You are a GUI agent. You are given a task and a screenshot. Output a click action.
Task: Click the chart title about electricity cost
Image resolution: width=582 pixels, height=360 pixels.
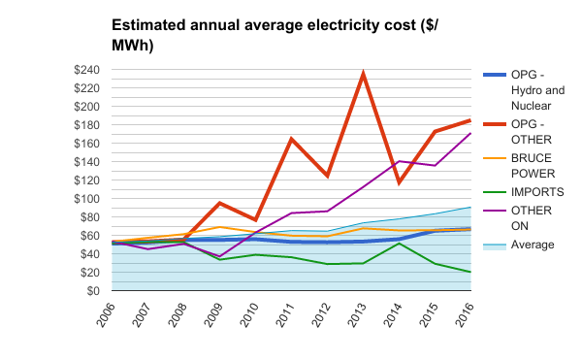tap(275, 35)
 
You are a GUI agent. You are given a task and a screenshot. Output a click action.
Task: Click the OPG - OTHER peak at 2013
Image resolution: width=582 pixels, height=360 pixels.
tap(363, 73)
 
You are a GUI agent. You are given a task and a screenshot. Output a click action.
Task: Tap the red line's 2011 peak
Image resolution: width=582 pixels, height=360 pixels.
tap(291, 139)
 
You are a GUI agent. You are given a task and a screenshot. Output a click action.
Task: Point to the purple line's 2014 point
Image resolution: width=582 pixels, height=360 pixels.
tap(399, 161)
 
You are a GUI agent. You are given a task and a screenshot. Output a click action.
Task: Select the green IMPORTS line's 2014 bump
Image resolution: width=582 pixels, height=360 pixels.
tap(399, 244)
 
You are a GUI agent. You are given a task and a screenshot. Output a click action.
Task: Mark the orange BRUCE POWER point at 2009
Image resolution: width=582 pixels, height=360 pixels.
tap(220, 227)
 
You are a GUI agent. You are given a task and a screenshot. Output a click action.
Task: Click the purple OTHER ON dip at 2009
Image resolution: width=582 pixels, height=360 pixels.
tap(220, 256)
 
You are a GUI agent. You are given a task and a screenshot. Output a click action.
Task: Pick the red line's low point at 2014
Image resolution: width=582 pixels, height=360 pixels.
tap(399, 182)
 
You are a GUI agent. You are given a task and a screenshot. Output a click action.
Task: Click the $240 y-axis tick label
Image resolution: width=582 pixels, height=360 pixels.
tap(87, 70)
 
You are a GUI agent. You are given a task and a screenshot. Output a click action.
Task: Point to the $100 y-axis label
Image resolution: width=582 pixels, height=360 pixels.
tap(87, 199)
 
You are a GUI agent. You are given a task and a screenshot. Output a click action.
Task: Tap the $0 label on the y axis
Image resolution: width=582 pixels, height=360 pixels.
tap(93, 291)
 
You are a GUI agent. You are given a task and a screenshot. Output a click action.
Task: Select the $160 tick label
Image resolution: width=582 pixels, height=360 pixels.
tap(87, 144)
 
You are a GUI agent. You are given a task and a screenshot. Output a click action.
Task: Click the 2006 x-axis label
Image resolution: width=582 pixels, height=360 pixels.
tap(105, 315)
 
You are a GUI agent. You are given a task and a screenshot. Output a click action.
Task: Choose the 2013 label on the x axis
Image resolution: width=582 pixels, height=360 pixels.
tap(356, 315)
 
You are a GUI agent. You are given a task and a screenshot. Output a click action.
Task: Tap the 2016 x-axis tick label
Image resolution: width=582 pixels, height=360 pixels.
tap(464, 315)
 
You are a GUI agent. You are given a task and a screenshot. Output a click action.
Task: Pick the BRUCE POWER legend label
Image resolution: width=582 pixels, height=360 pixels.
tap(533, 166)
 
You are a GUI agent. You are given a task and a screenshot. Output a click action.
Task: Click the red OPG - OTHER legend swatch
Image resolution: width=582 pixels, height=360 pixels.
tap(495, 124)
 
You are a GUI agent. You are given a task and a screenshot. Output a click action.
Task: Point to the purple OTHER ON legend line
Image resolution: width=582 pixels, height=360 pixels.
tap(495, 211)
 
